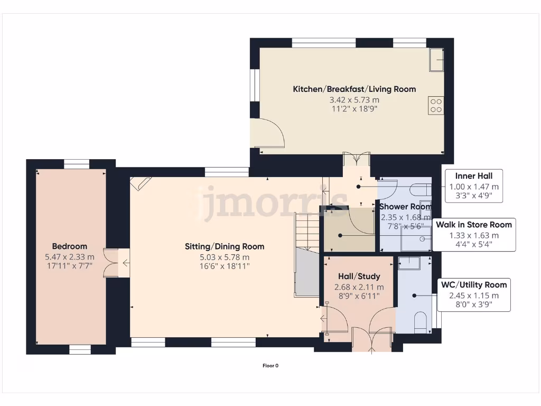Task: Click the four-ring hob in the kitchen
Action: tap(436, 105)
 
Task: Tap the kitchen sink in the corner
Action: tap(436, 60)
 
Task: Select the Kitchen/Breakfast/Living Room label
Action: tap(354, 89)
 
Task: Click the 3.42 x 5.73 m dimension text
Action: tap(354, 99)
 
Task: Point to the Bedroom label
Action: tap(69, 246)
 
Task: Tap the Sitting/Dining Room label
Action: tap(224, 246)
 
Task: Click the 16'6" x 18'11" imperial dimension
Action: tap(224, 266)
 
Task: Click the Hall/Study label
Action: tap(359, 276)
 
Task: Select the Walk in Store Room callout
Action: tap(473, 235)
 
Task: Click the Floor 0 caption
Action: tap(270, 365)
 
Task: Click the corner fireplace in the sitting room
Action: tap(141, 183)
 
